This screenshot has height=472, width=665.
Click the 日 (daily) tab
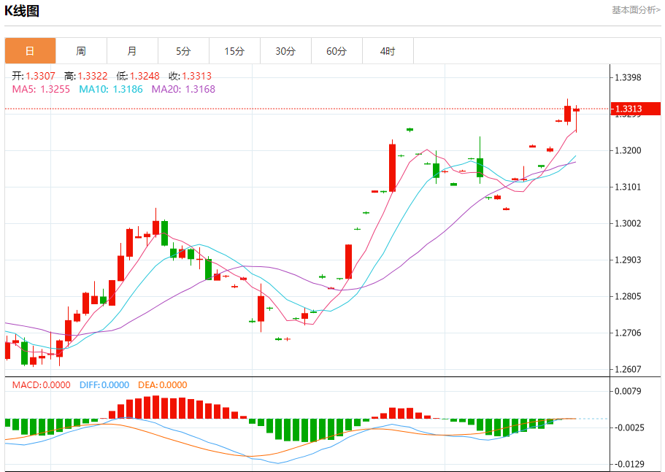point(30,51)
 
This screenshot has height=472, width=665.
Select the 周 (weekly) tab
point(81,51)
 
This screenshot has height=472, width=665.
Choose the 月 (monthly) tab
point(132,51)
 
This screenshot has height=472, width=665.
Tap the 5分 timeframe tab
point(183,51)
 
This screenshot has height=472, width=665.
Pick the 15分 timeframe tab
point(234,51)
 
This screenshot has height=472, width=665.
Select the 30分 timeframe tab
point(285,51)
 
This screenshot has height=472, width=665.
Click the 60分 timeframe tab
point(337,51)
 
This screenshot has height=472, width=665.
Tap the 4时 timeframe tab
point(388,51)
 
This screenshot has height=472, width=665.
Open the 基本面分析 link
point(636,10)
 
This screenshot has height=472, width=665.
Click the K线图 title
point(22,11)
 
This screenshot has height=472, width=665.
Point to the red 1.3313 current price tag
point(636,109)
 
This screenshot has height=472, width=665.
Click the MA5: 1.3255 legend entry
point(41,89)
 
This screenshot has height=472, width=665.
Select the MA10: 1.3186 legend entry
point(111,89)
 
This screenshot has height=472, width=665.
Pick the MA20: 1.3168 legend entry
point(183,89)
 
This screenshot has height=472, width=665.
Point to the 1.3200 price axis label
point(628,150)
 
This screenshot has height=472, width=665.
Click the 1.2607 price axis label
point(628,369)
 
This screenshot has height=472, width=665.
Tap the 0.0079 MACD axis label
point(628,390)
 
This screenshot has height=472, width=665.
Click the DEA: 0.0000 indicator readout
point(163,384)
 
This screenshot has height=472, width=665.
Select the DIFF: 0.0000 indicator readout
point(104,384)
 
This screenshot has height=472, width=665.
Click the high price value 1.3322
point(93,76)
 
